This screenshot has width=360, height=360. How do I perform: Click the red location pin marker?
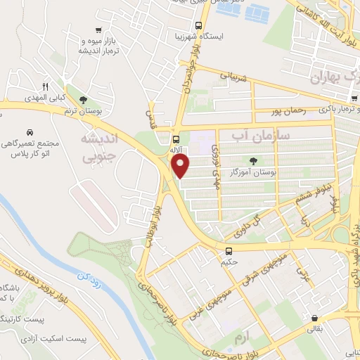pyautogui.click(x=181, y=166)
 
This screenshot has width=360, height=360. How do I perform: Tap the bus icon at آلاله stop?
pyautogui.click(x=175, y=139)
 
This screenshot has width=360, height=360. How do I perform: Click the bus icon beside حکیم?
pyautogui.click(x=229, y=251)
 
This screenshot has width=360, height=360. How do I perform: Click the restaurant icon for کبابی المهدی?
pyautogui.click(x=46, y=87)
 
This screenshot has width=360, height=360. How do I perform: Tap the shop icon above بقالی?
pyautogui.click(x=313, y=317)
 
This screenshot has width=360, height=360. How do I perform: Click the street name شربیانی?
pyautogui.click(x=236, y=77)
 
